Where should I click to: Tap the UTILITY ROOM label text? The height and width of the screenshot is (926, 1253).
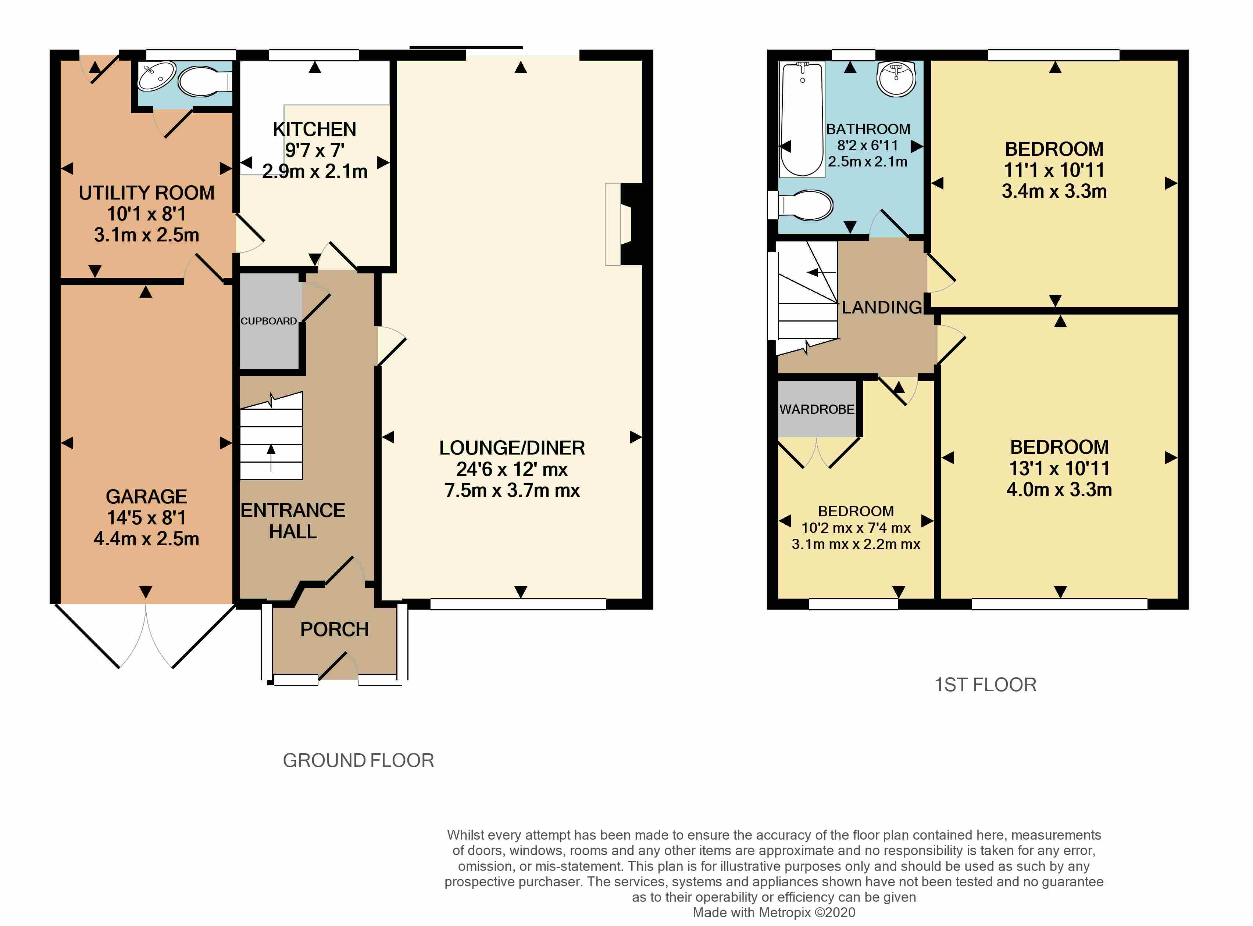pos(146,193)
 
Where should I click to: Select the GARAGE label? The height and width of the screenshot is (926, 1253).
pos(146,497)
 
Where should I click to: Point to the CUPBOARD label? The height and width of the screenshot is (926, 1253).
pos(269,321)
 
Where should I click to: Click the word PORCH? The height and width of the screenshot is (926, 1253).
pos(334,629)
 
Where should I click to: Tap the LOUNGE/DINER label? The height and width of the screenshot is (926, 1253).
pos(512,448)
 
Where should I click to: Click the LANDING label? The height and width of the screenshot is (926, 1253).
pos(882,307)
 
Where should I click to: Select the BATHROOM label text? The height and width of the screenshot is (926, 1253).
pos(868,129)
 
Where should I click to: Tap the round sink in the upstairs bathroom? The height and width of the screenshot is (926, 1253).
pos(896,79)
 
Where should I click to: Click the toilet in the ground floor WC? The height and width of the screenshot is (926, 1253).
pos(204,82)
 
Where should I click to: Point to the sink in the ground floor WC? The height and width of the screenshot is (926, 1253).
pos(157,76)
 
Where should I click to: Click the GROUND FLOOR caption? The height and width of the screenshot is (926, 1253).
pos(358,761)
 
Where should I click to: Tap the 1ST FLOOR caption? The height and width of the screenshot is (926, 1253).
pos(985,685)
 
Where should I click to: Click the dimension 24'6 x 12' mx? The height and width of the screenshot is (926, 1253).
pos(512,469)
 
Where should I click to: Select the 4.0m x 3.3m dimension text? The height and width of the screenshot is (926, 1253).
pos(1059,489)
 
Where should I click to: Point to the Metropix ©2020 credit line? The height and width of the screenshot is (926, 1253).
pos(774,912)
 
